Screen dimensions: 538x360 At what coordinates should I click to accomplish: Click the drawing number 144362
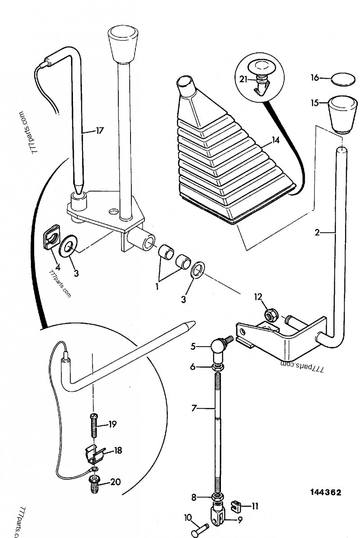click(325, 492)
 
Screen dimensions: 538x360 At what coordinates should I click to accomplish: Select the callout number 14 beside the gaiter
click(275, 140)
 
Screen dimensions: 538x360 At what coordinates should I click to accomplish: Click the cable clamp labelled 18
click(96, 455)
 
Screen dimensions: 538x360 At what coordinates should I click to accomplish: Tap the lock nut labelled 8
click(217, 498)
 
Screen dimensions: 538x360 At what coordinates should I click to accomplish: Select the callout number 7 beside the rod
click(194, 409)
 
